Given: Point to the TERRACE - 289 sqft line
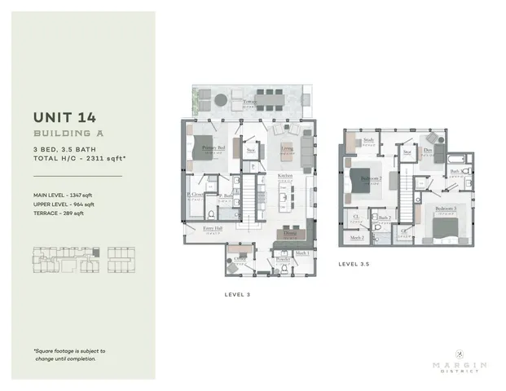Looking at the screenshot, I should pos(64,213).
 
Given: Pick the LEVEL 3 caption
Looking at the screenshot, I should pos(235,293).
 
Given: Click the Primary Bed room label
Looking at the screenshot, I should pos(213,147).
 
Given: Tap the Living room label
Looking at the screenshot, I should pos(286,149).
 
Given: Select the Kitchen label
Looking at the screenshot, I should pos(284,176).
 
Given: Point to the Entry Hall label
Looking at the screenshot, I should pos(213,230).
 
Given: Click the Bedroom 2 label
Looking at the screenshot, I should pos(372,178).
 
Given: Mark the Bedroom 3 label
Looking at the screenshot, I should pos(445,209).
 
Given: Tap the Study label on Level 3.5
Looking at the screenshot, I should pos(368,140).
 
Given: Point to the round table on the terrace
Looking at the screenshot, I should pos(221,99).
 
